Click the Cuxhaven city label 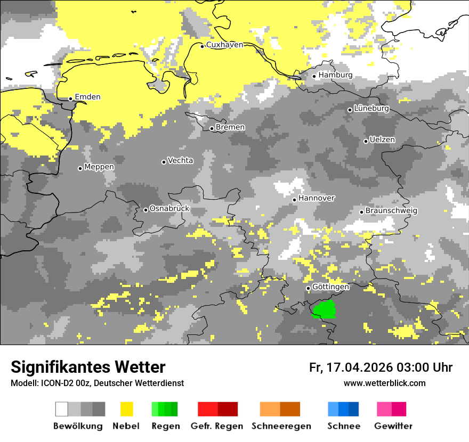coord(224,45)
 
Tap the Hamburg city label coord(335,75)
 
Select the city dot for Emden coord(70,99)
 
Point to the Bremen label coord(230,127)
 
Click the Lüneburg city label coord(371,109)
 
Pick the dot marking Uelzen coord(366,141)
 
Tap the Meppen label coord(99,167)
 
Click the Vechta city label coord(180,160)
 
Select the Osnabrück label coord(169,209)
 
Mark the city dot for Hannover coord(294,200)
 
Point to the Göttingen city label coord(330,287)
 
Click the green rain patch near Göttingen coord(324,309)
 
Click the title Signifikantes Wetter coord(88,367)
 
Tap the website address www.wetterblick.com coord(384,383)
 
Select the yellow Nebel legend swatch coord(126,409)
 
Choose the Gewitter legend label coord(393,426)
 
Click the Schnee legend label coord(343,426)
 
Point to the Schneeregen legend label coord(281,426)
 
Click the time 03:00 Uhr coord(424,367)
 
